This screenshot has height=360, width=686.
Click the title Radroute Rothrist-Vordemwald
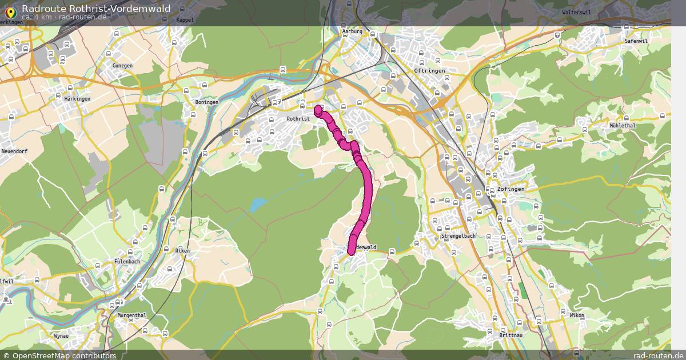(x=96, y=8)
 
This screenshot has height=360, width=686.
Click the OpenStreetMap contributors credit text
(x=64, y=355)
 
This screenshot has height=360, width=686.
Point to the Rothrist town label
(x=298, y=119)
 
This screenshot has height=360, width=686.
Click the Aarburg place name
(x=352, y=31)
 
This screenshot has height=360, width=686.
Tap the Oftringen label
(x=429, y=71)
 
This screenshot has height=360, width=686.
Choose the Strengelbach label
(x=458, y=236)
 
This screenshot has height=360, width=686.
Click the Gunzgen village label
(x=122, y=66)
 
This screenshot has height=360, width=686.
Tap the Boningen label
(x=207, y=102)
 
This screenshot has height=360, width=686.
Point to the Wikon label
(x=577, y=315)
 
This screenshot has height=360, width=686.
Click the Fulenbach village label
(x=127, y=262)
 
